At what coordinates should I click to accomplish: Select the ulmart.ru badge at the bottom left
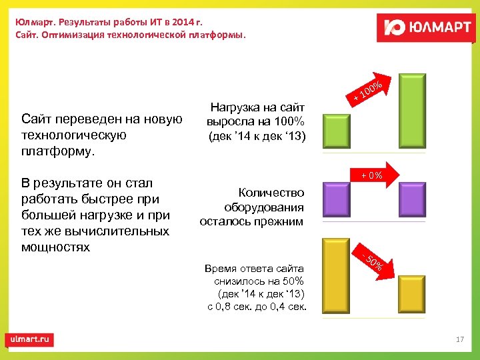[x=31, y=339]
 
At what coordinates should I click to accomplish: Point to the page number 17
[x=459, y=340]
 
